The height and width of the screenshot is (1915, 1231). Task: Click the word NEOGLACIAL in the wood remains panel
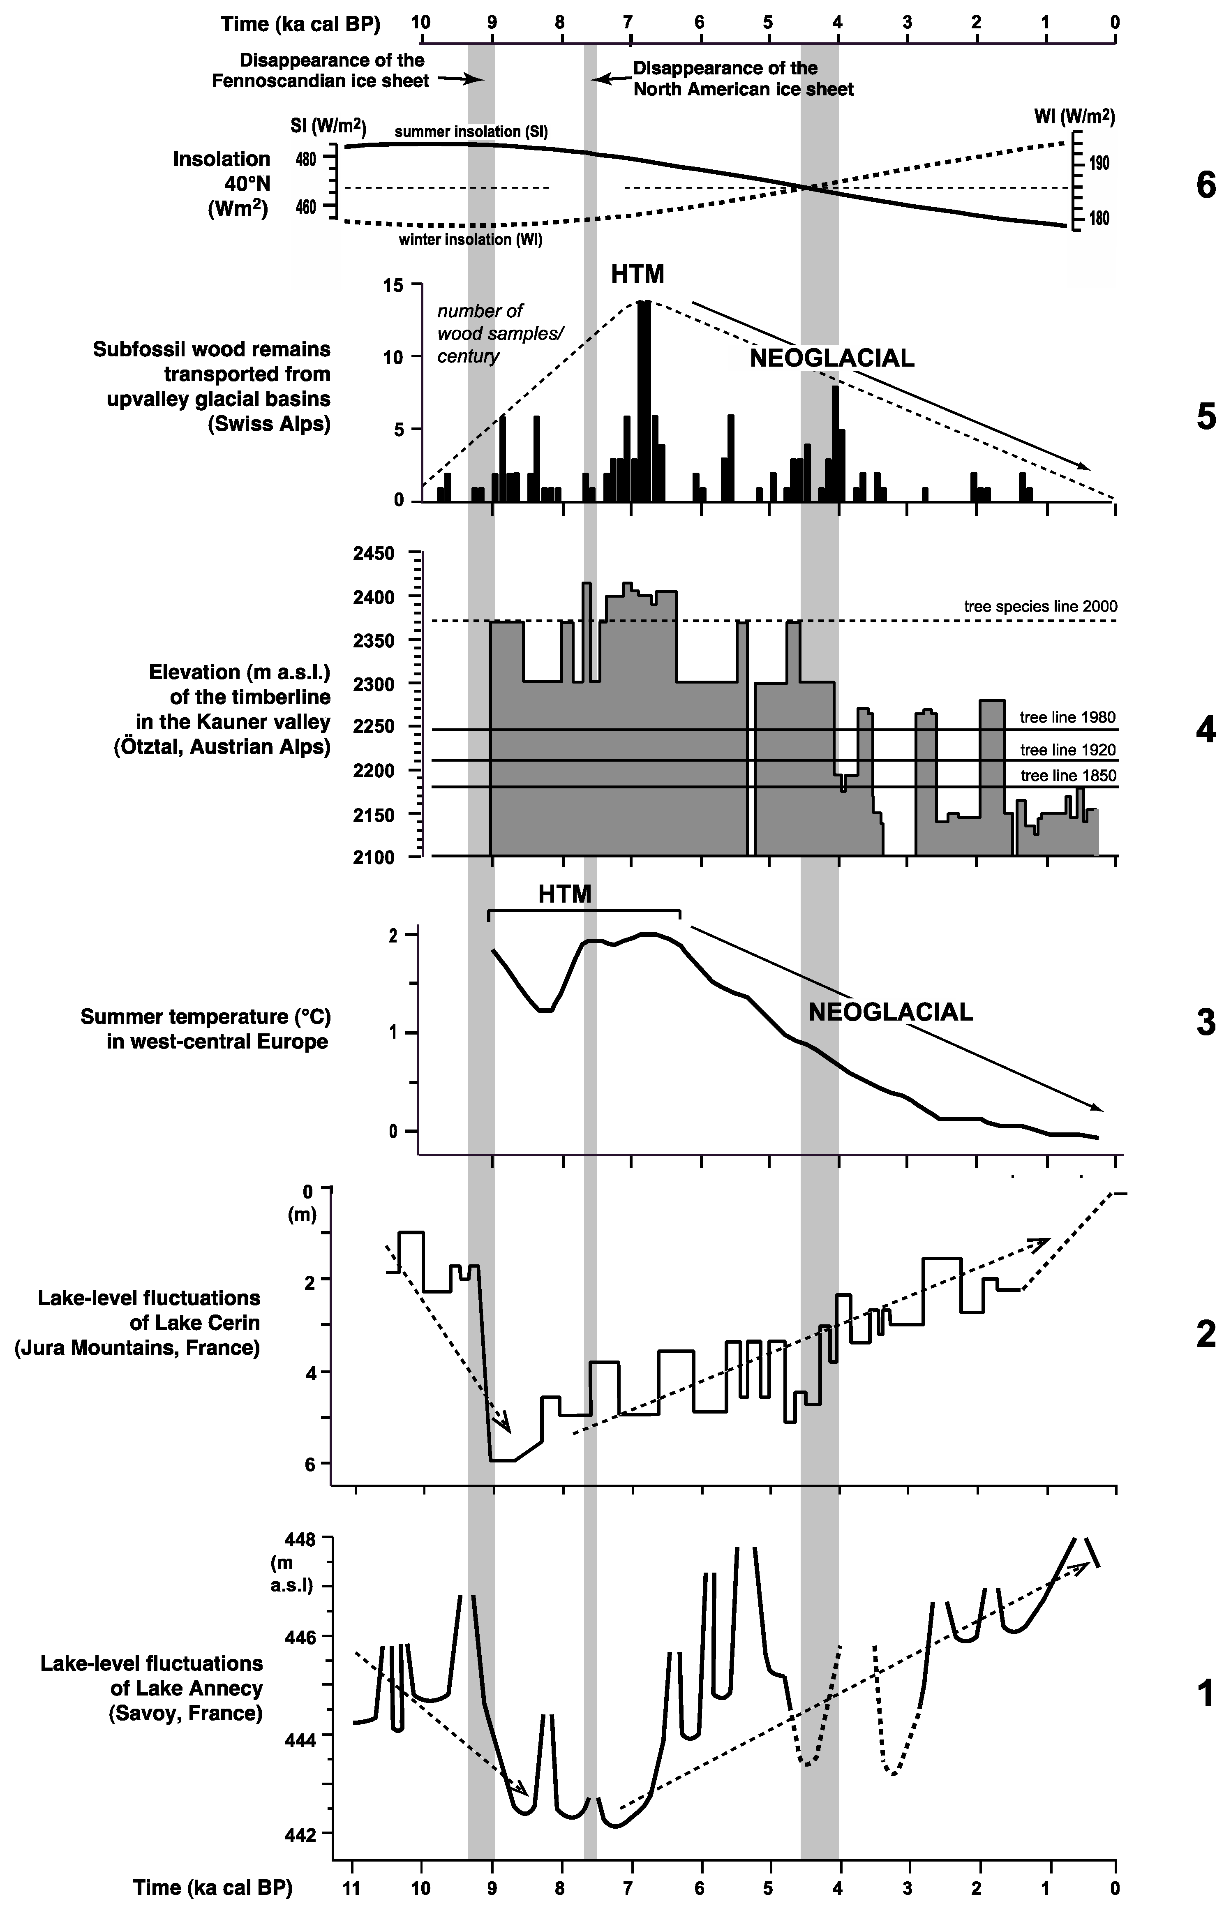[831, 359]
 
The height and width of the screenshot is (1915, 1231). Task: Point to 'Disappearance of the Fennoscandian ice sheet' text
[320, 70]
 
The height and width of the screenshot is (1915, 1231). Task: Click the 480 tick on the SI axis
[306, 159]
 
